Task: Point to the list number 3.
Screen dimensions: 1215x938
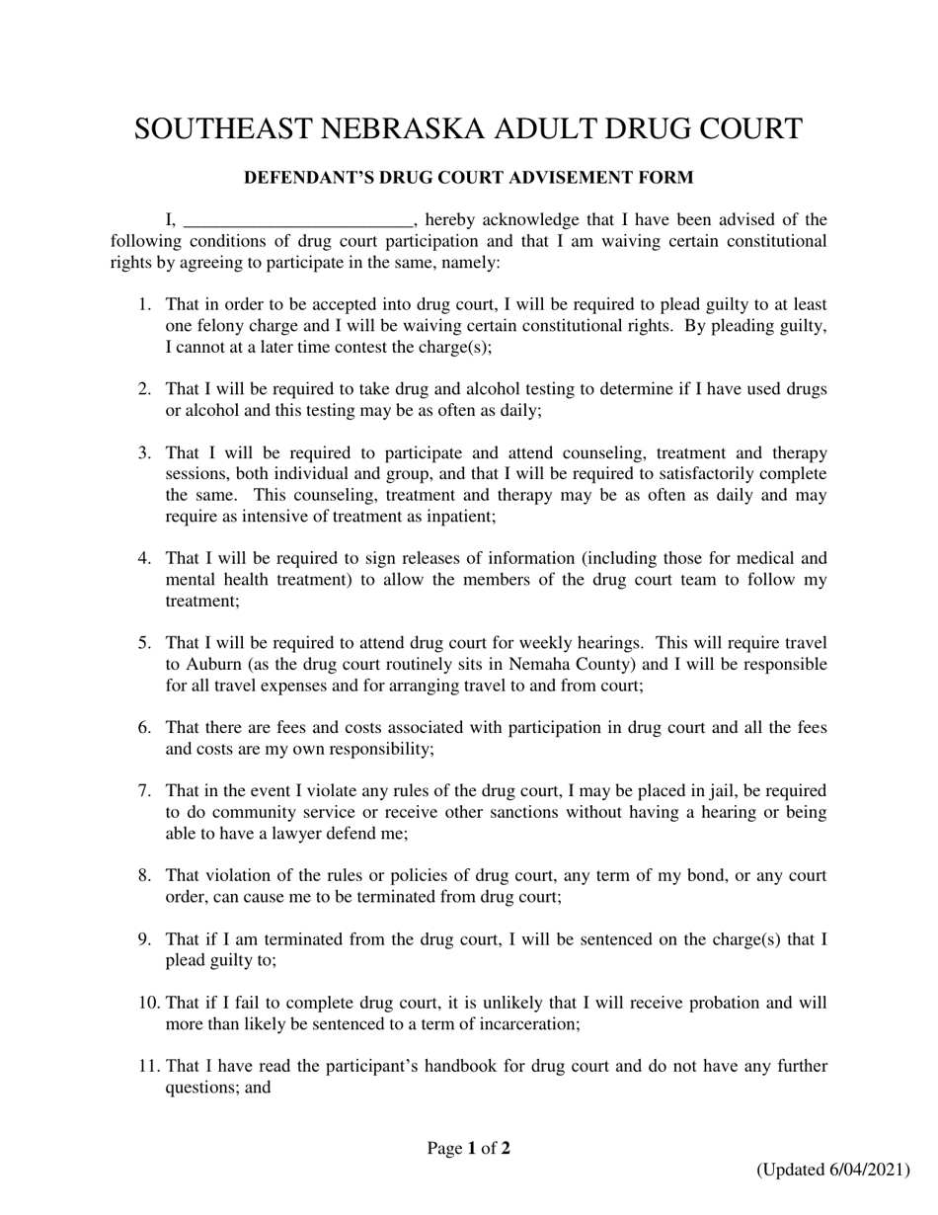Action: click(143, 452)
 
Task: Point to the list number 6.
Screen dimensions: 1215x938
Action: click(143, 728)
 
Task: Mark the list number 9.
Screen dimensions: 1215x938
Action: click(143, 938)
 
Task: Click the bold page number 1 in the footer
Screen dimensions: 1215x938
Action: click(472, 1149)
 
